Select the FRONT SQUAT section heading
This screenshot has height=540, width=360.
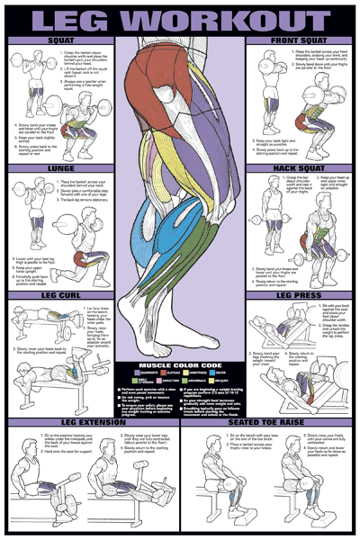pyautogui.click(x=300, y=41)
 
